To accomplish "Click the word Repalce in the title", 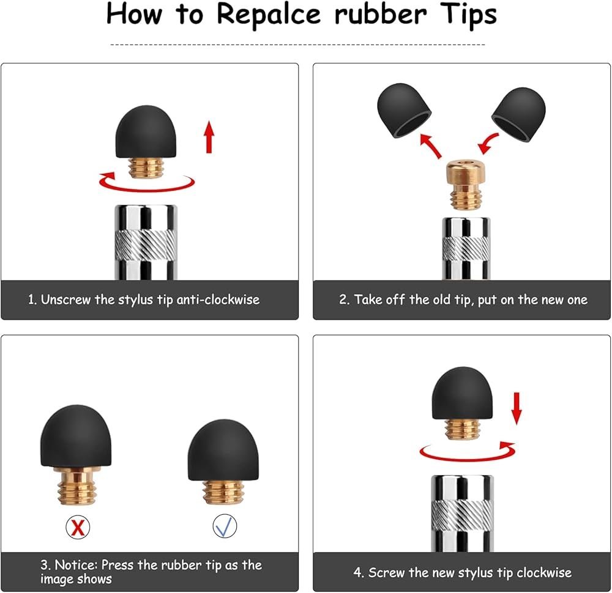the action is point(269,15).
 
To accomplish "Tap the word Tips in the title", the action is point(468,15).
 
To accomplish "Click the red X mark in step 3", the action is point(78,527).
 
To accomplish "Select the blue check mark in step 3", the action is point(225,526).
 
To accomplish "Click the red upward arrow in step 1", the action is point(209,136).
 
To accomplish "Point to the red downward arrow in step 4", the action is point(517,408).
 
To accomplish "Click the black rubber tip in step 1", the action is point(146,131).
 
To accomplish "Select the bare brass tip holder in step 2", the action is point(466,184).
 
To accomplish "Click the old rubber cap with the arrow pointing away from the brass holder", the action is point(403,110).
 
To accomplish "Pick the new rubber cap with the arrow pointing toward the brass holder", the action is point(519,114).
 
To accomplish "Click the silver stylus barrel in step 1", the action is point(146,242).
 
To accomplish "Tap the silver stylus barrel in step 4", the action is point(463,513).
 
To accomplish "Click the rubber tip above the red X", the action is point(76,436).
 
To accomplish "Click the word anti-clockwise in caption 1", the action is point(218,300).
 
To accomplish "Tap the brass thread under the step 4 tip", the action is point(462,429).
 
